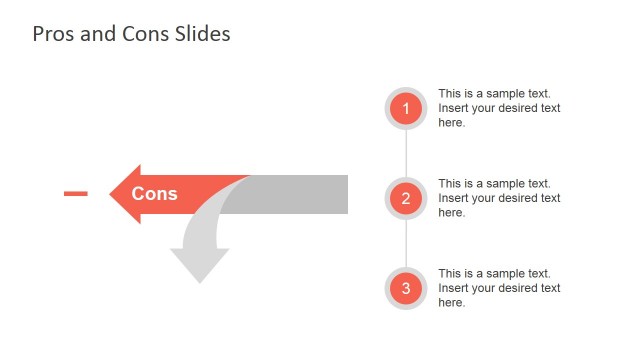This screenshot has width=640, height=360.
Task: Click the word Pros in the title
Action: point(51,34)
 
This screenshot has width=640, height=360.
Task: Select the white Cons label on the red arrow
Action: point(154,194)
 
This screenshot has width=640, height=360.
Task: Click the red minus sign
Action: point(75,193)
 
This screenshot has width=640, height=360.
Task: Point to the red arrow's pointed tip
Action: point(111,194)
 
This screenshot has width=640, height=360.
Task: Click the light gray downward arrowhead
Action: point(199,264)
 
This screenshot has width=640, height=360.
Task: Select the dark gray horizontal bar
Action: point(300,194)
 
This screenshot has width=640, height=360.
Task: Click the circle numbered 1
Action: point(406,108)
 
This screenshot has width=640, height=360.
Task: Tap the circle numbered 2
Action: point(406,198)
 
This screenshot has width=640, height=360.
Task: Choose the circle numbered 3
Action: point(406,289)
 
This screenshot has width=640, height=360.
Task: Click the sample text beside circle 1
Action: point(499,108)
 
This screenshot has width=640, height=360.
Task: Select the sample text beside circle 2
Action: point(499,198)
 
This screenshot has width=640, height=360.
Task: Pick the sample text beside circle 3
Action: point(499,288)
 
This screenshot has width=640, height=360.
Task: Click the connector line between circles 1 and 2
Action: point(406,153)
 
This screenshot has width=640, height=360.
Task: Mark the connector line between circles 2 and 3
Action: point(406,243)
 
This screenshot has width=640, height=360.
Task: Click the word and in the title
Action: point(89,34)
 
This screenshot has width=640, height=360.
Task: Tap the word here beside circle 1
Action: point(450,123)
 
